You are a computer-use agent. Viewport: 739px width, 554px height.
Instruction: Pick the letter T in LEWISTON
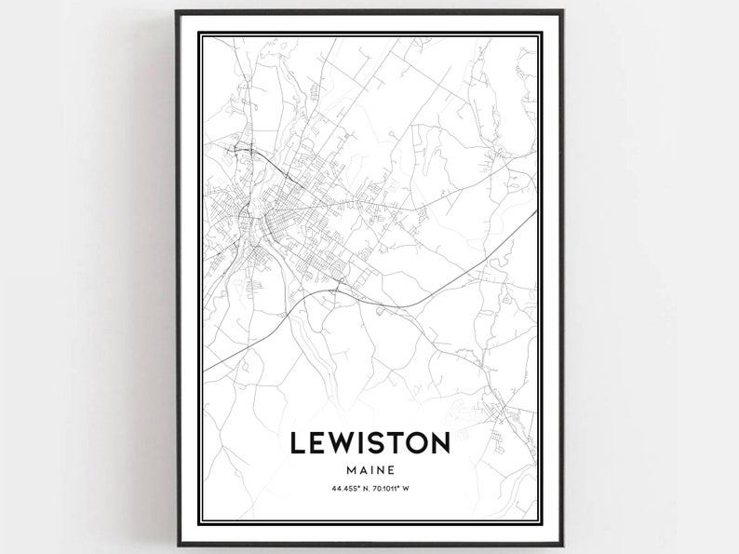(x=398, y=443)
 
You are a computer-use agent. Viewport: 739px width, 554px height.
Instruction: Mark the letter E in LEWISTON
(x=318, y=443)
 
